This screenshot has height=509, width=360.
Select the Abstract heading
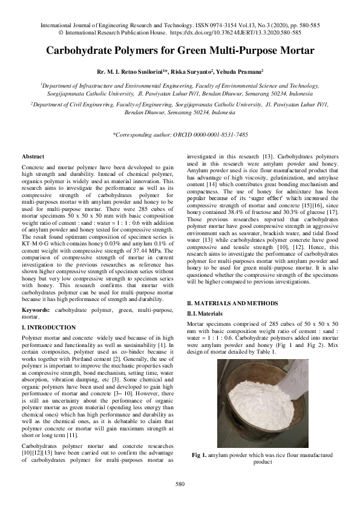(33, 156)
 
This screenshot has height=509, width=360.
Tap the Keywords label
(36, 310)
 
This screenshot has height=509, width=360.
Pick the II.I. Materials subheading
(205, 313)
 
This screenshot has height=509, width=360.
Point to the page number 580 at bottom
(180, 484)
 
